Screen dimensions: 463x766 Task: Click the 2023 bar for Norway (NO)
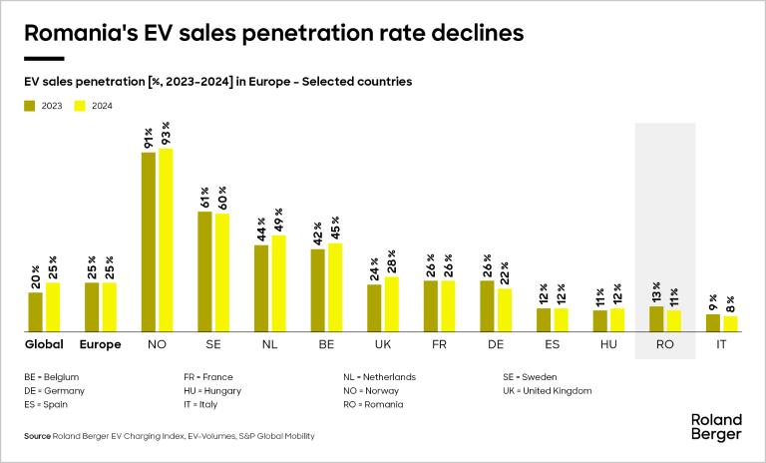pos(149,242)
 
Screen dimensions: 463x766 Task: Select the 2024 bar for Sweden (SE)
pos(222,272)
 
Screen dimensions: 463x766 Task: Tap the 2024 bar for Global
pos(53,307)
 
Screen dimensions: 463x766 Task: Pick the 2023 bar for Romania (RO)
pos(656,319)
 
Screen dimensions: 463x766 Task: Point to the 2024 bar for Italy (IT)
pos(730,324)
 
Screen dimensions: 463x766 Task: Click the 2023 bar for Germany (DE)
pos(487,306)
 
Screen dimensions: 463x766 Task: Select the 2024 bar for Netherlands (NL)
pos(279,284)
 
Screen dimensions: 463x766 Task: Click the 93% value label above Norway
pos(166,133)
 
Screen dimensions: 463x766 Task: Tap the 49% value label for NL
pos(279,220)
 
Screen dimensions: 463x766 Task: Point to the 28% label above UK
pos(392,261)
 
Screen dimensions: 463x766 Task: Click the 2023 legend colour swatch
pos(30,105)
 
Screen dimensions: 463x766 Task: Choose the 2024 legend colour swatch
pos(81,105)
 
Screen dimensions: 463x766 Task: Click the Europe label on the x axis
pos(100,345)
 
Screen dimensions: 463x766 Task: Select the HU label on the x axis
pos(607,345)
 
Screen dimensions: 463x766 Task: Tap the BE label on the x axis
pos(325,345)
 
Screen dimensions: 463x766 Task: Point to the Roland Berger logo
pos(716,426)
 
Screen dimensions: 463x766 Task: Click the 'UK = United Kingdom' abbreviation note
pos(548,391)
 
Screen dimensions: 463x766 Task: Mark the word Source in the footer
pos(37,436)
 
